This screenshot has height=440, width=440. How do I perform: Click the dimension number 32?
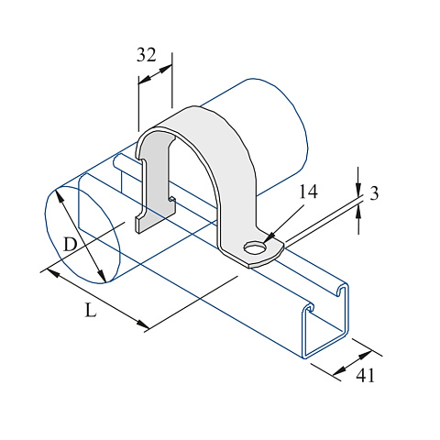[146, 55]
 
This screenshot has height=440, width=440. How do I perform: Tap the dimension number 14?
[308, 192]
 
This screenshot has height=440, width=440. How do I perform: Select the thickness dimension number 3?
[374, 193]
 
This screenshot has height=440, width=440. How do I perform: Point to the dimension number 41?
[365, 375]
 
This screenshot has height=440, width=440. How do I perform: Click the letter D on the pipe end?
[70, 245]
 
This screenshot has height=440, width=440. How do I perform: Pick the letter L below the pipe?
[91, 311]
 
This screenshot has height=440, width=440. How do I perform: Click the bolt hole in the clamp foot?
[255, 247]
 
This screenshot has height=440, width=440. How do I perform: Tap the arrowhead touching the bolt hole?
[269, 238]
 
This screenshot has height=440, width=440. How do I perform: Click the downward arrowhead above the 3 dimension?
[358, 190]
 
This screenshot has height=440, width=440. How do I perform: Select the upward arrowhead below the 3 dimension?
[358, 212]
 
